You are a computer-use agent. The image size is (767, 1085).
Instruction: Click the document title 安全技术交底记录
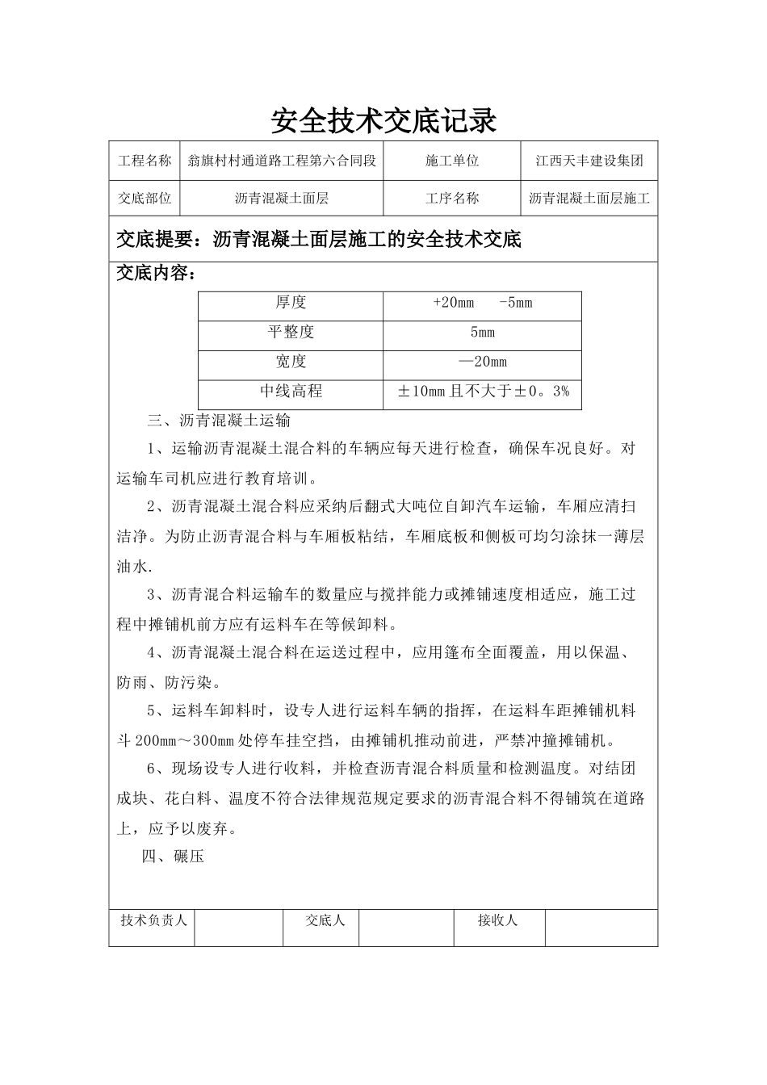tap(383, 121)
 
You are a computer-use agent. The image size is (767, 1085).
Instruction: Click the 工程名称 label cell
tap(145, 161)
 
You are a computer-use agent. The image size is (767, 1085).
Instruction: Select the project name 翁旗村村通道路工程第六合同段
tap(282, 161)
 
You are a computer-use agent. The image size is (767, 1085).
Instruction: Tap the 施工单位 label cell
tap(452, 161)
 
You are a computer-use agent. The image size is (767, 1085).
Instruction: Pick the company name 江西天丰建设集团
tap(589, 161)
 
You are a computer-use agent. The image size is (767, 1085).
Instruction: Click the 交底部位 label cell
tap(145, 198)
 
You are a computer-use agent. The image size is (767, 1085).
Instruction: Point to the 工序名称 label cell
tap(452, 198)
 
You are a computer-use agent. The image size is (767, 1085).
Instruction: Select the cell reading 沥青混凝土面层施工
tap(589, 198)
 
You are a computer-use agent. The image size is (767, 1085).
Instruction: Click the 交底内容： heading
tap(156, 274)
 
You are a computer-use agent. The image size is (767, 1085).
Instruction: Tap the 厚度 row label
tap(291, 303)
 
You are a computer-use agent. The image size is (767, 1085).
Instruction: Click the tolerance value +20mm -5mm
tap(482, 303)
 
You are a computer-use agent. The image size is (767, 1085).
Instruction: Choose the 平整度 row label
tap(291, 332)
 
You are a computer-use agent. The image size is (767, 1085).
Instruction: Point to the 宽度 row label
tap(291, 362)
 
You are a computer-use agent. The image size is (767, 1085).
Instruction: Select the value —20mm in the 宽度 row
tap(482, 362)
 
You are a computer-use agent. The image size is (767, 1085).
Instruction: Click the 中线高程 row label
tap(291, 392)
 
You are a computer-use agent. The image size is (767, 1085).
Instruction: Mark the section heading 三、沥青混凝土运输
tap(218, 421)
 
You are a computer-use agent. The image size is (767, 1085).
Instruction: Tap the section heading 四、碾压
tap(173, 857)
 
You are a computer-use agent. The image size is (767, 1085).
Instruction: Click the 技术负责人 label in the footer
tap(153, 920)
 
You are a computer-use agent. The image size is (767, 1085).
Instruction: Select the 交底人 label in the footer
tap(325, 920)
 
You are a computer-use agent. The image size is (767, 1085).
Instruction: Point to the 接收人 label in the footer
tap(497, 920)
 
